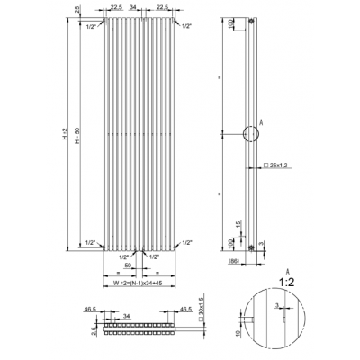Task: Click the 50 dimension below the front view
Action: tap(129, 266)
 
